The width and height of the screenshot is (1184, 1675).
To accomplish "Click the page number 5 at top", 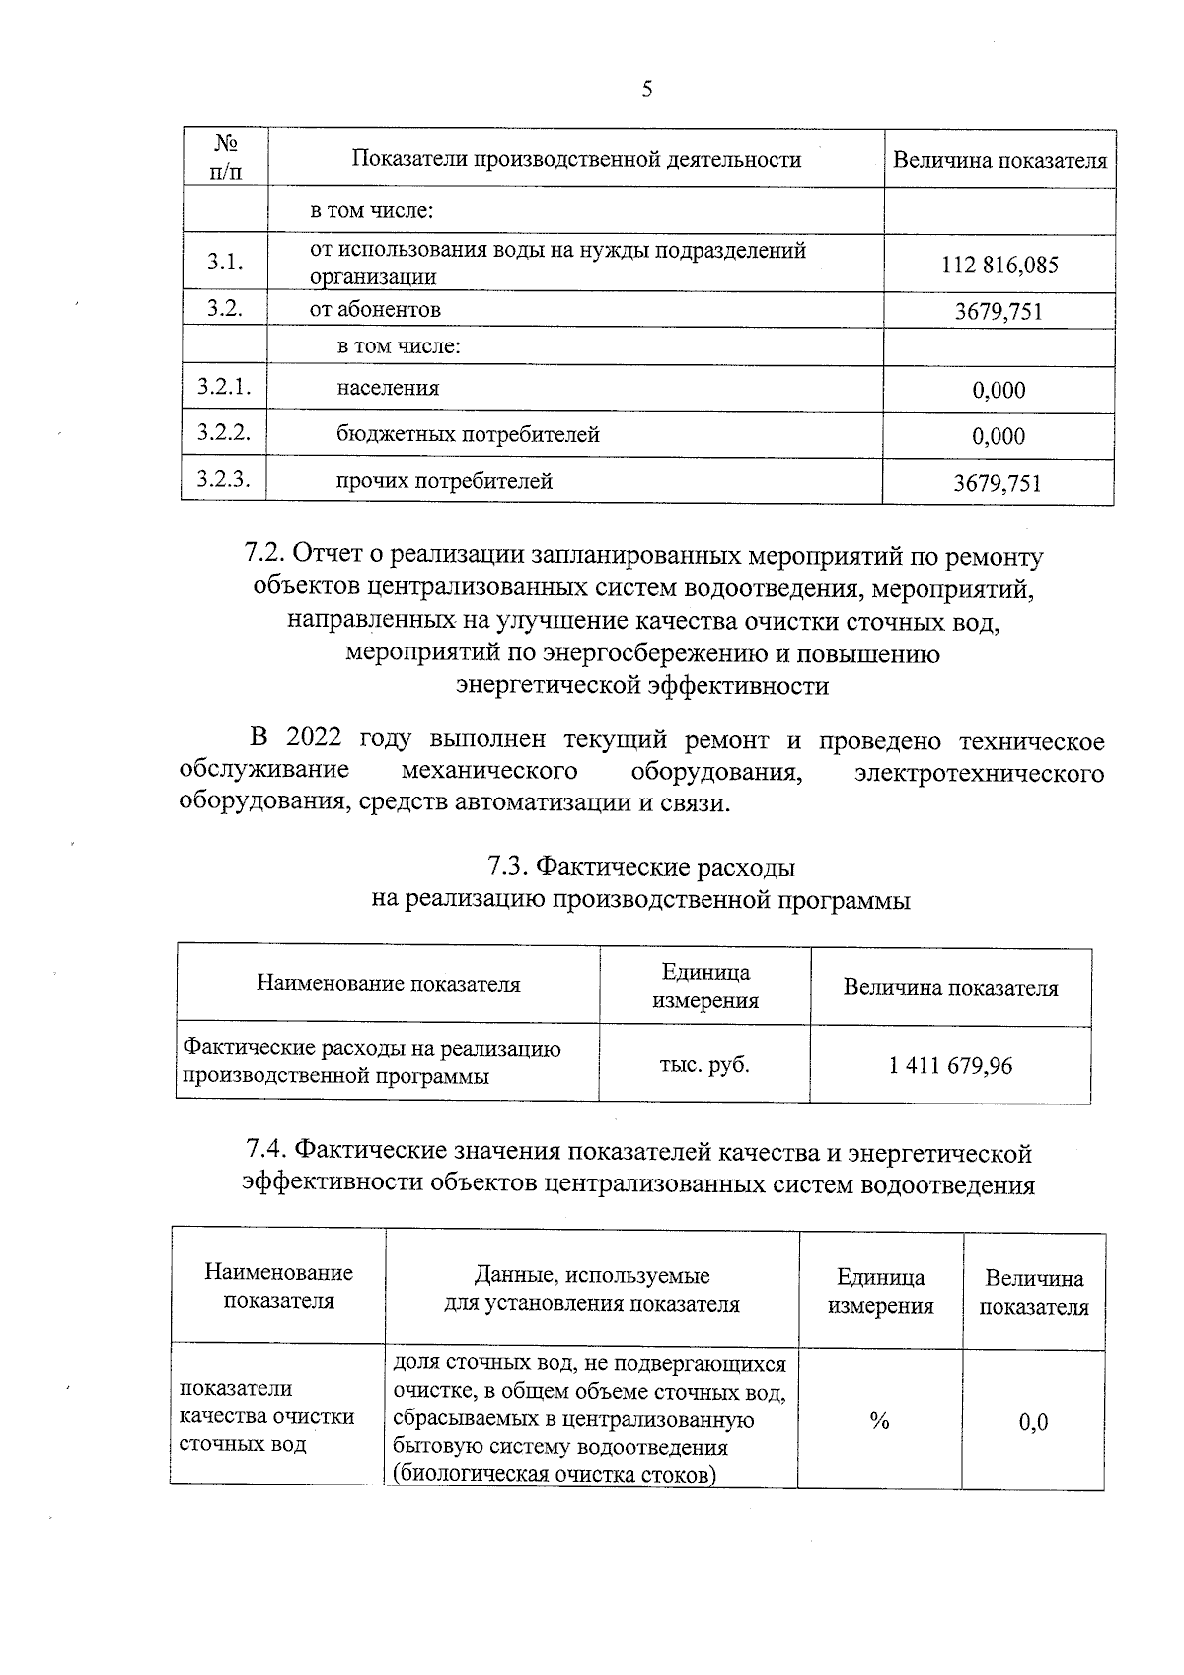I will pos(647,90).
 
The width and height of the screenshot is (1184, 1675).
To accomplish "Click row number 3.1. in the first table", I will pos(225,263).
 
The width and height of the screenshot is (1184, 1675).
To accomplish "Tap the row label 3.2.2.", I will pos(224,433).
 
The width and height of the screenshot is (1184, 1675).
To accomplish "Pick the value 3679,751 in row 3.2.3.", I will pos(998,483).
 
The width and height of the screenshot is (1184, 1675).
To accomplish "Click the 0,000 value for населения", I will pos(999,390).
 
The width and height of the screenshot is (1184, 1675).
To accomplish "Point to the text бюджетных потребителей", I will pos(468,434).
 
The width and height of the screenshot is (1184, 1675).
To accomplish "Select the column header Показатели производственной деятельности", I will pos(576,159).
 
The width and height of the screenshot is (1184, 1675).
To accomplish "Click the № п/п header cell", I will pos(225,158).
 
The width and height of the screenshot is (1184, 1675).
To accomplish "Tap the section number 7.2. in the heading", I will pos(264,556).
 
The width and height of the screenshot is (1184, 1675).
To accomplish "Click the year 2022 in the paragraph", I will pos(314,739).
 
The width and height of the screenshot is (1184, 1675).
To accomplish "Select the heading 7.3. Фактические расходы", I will pos(641,868).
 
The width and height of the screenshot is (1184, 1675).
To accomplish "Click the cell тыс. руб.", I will pos(704,1065).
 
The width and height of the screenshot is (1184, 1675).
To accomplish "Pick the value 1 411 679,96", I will pos(950,1066).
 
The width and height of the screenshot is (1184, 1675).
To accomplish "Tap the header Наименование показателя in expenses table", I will pos(389,984).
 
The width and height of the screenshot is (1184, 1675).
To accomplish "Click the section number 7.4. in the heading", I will pos(266,1152).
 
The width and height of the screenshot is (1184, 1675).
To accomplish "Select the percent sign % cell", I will pos(879,1421).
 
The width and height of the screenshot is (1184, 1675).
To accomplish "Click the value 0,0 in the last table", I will pos(1033,1422).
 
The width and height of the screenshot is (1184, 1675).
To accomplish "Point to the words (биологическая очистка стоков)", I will pos(554,1476).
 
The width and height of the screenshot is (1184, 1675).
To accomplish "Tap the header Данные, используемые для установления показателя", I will pos(592,1290).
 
